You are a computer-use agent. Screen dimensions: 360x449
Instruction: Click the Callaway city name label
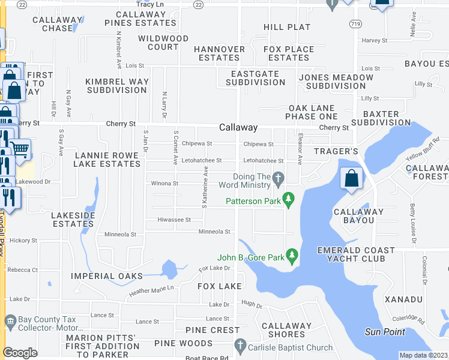click(238, 128)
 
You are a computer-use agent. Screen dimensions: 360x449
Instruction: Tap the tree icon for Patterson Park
click(289, 198)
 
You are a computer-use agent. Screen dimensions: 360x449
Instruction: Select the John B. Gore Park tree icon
click(292, 256)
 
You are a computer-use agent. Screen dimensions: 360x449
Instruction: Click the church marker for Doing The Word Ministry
click(278, 178)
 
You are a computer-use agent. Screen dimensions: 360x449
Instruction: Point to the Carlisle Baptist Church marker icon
click(240, 346)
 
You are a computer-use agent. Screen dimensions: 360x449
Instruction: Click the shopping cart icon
click(20, 149)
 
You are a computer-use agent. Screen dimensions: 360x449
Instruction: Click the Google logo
click(20, 353)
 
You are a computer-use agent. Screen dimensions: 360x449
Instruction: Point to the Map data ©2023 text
click(423, 355)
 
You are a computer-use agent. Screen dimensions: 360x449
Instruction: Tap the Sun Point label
click(385, 332)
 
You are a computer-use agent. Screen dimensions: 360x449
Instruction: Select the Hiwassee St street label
click(174, 220)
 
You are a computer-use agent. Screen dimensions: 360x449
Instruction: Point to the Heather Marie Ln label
click(151, 290)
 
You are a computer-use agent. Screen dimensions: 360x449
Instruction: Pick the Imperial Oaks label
click(107, 276)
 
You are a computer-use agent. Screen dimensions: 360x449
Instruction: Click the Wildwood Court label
click(163, 43)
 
